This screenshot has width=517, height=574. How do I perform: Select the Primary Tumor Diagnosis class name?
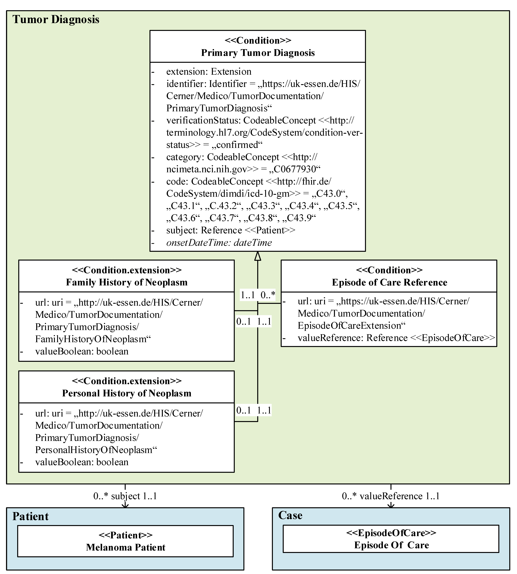click(258, 53)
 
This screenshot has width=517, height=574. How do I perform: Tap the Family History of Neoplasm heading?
click(127, 282)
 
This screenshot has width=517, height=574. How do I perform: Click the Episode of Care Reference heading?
click(389, 282)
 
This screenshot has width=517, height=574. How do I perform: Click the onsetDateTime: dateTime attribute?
click(219, 243)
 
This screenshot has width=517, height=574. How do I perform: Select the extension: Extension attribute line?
click(209, 72)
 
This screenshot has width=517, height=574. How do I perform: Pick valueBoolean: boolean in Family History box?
click(82, 351)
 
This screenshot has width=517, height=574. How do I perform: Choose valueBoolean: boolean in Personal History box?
click(82, 462)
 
